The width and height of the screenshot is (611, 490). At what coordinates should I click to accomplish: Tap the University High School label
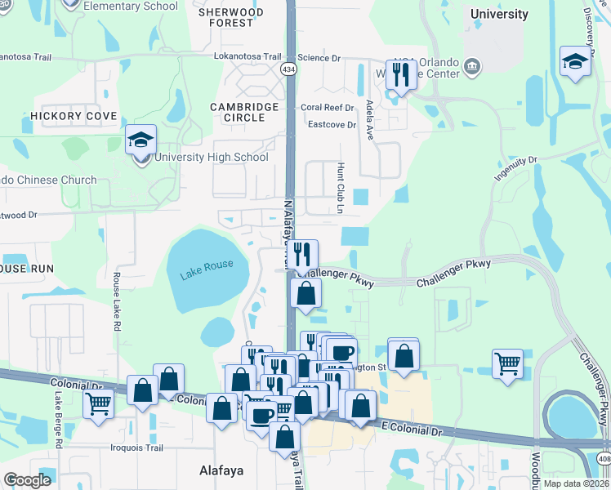click(211, 158)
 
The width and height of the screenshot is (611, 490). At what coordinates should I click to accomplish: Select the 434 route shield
click(289, 69)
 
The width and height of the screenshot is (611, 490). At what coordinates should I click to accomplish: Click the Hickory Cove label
click(74, 117)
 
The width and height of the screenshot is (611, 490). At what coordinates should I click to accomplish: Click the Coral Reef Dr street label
click(328, 108)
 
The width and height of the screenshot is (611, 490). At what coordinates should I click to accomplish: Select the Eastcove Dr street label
click(332, 125)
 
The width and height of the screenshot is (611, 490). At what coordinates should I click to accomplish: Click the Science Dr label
click(319, 58)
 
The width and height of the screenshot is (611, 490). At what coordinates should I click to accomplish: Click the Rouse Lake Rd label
click(117, 301)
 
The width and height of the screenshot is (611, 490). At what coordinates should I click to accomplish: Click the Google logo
click(27, 480)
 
